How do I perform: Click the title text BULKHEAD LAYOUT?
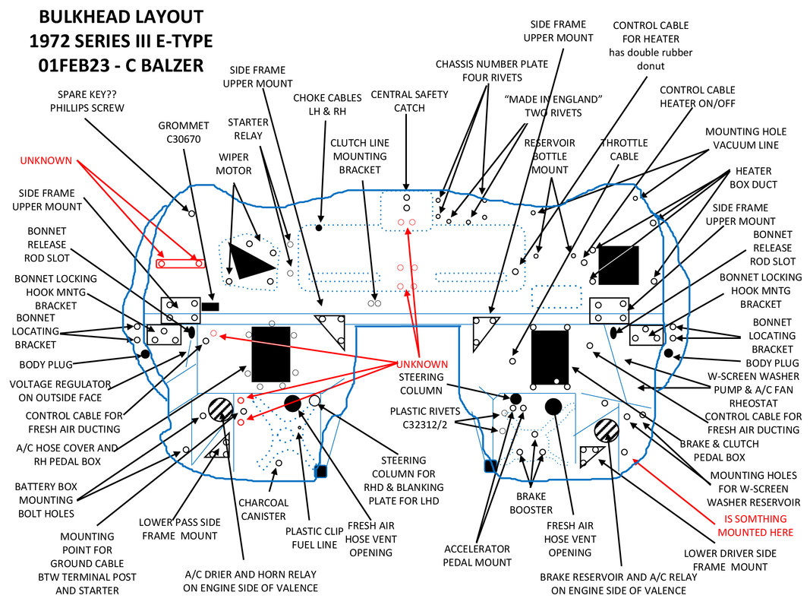[121, 17]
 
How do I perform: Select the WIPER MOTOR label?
[234, 163]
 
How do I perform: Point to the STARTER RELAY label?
[248, 128]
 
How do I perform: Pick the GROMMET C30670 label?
[183, 132]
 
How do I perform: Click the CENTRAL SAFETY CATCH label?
[409, 101]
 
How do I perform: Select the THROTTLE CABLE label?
[624, 150]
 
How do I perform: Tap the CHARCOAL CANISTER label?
[263, 509]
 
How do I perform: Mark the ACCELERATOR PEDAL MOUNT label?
[477, 556]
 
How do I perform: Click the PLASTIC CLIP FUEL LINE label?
[314, 538]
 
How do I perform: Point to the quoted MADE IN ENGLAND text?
[553, 106]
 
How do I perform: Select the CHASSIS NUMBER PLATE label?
[491, 71]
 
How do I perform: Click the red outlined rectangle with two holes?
[179, 263]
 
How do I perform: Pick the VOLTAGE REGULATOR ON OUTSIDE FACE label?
[60, 391]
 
